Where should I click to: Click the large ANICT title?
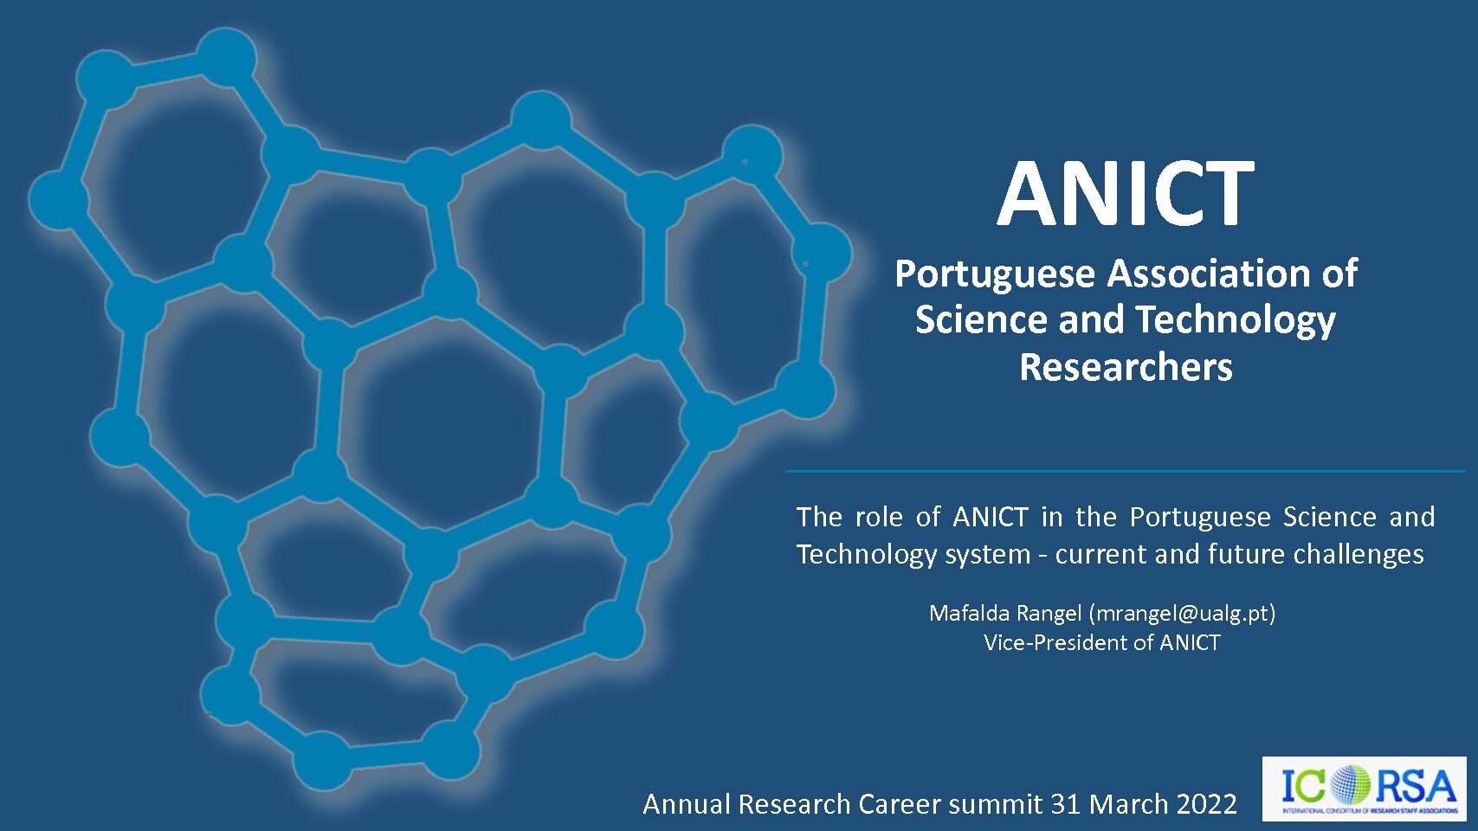click(1126, 193)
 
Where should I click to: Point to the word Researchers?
click(1126, 367)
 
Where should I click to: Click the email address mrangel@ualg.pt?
click(1182, 614)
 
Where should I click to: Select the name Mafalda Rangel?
click(1005, 614)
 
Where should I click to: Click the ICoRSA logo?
click(1364, 789)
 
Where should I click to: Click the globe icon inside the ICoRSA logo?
click(1349, 785)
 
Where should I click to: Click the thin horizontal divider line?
click(1125, 472)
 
